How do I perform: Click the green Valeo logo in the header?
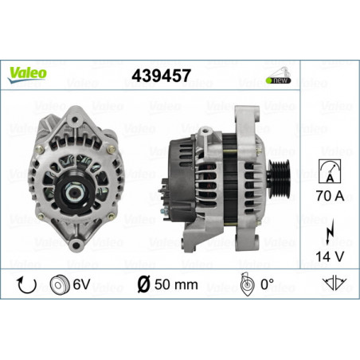(x=28, y=72)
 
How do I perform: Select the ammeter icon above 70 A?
(x=327, y=170)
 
